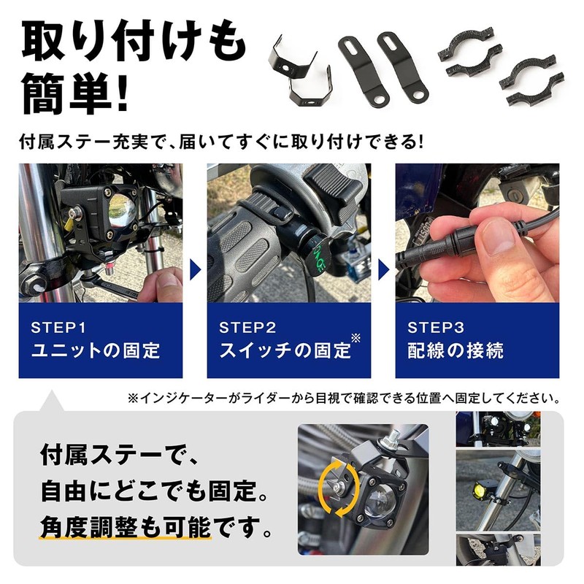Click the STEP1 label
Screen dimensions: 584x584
click(58, 328)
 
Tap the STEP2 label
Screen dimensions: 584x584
click(247, 328)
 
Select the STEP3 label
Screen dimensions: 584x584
click(436, 328)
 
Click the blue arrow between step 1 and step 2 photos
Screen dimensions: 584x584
click(195, 269)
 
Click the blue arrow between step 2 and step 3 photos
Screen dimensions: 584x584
click(384, 269)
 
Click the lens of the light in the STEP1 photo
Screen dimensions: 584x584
click(121, 212)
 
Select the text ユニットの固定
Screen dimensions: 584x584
click(96, 350)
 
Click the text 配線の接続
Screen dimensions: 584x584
click(456, 350)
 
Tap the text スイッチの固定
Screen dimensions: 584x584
click(285, 350)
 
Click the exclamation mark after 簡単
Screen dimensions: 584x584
click(122, 94)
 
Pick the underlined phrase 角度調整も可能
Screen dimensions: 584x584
click(126, 527)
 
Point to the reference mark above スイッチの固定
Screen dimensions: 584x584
click(356, 338)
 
